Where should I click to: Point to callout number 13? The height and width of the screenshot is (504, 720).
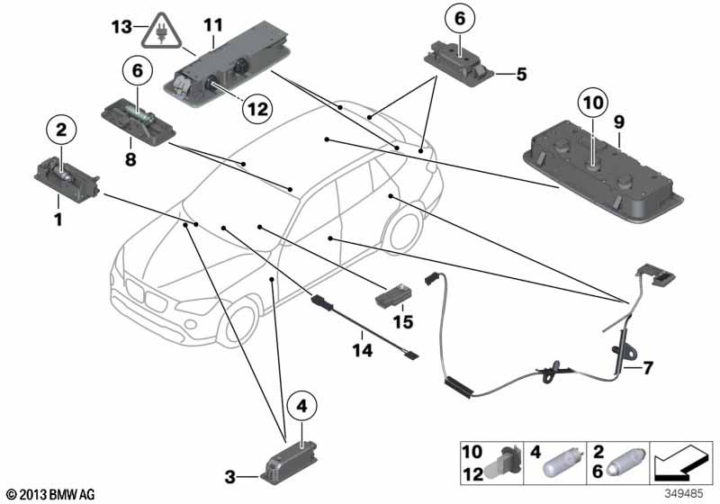[120, 28]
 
